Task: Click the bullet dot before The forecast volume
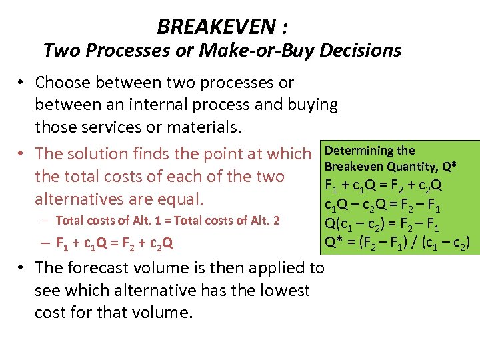point(22,268)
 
